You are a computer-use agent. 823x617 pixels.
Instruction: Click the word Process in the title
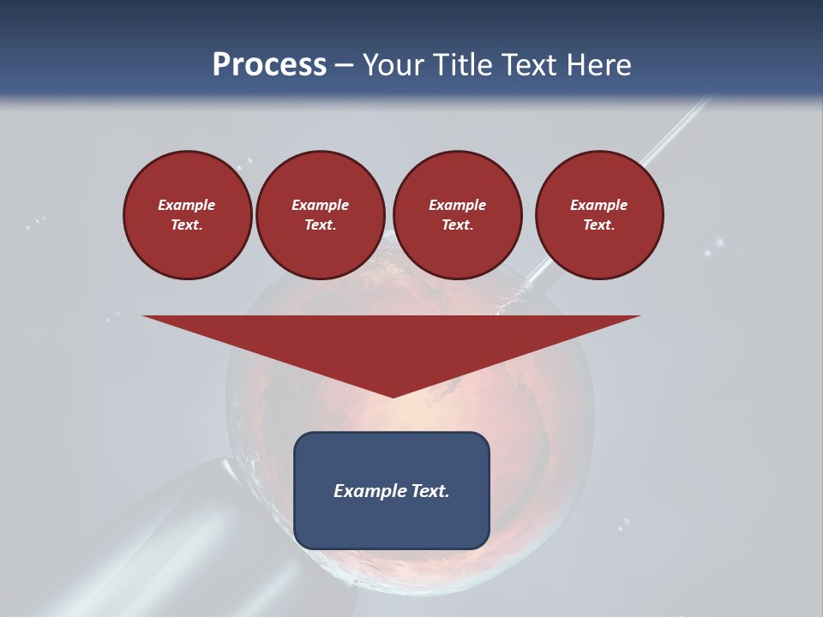[x=269, y=65]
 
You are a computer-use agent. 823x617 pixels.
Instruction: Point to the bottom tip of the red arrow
[x=393, y=396]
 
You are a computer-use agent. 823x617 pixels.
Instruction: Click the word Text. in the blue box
[x=430, y=491]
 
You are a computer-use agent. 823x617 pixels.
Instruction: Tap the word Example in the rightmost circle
[x=598, y=205]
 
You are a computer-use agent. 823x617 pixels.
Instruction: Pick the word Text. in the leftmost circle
[x=187, y=225]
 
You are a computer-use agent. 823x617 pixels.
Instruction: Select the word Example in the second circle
[x=320, y=205]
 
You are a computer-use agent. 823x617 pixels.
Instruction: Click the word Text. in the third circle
[x=457, y=225]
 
